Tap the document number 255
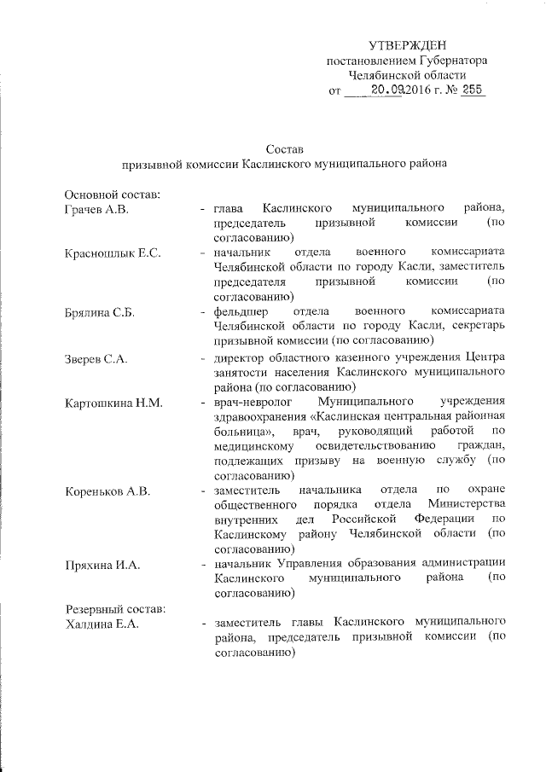[x=472, y=90]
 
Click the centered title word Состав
[x=283, y=149]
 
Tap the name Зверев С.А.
[x=96, y=357]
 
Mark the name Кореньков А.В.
[x=107, y=490]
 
